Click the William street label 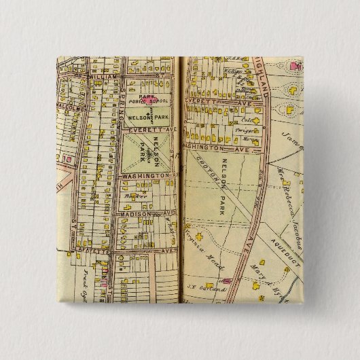click(101, 79)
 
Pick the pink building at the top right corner click(294, 66)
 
